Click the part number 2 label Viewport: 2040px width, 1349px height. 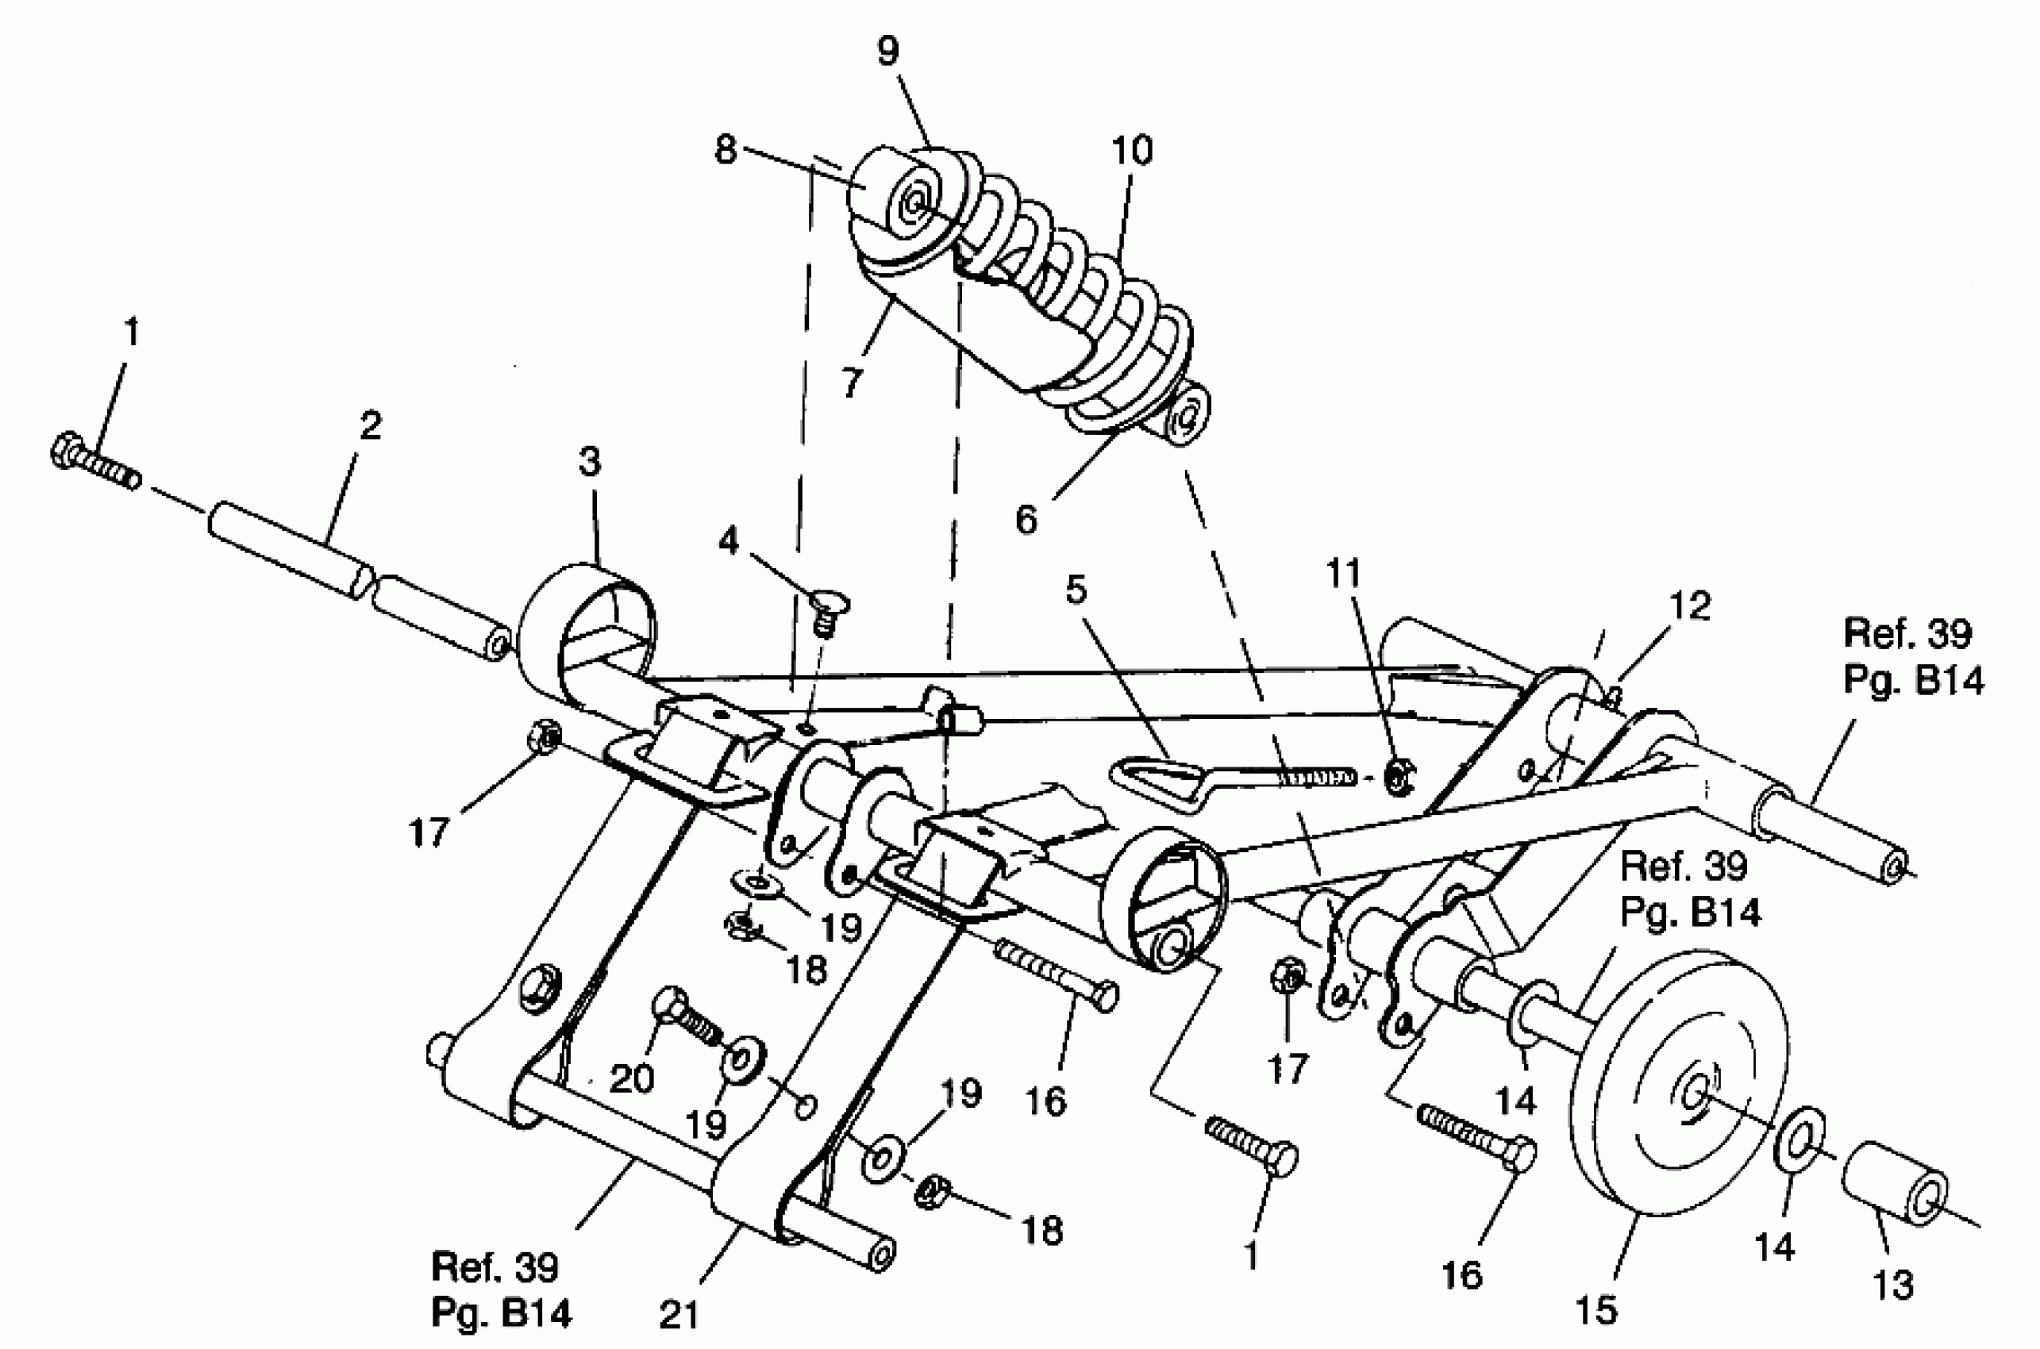[x=370, y=426]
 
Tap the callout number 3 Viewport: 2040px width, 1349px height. [x=589, y=462]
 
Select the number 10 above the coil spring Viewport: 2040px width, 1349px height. [x=1132, y=151]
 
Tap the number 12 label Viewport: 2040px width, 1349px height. [x=1690, y=606]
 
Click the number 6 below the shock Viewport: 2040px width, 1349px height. [x=1026, y=521]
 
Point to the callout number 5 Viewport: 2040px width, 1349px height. [x=1076, y=591]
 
